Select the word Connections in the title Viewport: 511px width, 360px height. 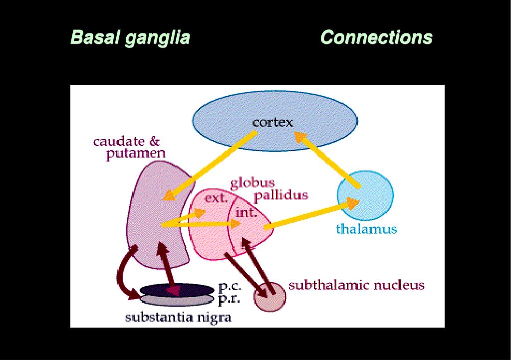[x=376, y=37]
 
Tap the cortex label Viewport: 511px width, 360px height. [x=272, y=122]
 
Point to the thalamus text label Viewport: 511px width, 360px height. [x=366, y=229]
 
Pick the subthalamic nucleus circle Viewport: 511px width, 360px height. [x=270, y=298]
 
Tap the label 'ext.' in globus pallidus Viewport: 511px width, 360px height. [x=216, y=199]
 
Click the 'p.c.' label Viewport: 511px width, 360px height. [x=230, y=287]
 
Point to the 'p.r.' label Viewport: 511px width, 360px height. [x=230, y=300]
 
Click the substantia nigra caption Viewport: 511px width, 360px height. [x=178, y=317]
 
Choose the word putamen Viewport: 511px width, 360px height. [x=135, y=154]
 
